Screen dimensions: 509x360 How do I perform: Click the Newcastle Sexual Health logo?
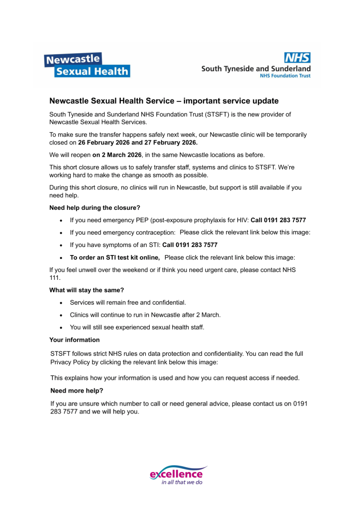(x=88, y=65)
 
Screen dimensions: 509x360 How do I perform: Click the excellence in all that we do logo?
(x=179, y=476)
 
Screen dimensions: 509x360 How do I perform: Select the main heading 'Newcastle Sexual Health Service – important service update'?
(x=164, y=101)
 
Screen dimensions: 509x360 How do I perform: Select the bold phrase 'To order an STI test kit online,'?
(x=114, y=257)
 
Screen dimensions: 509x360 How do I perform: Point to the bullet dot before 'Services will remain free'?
(x=61, y=303)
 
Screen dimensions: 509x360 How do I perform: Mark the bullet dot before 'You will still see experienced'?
(x=61, y=328)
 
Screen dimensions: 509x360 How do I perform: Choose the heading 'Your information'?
(x=75, y=340)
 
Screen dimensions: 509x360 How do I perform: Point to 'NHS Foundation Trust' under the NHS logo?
(x=285, y=76)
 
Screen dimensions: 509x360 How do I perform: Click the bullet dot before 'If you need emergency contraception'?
(x=61, y=233)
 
